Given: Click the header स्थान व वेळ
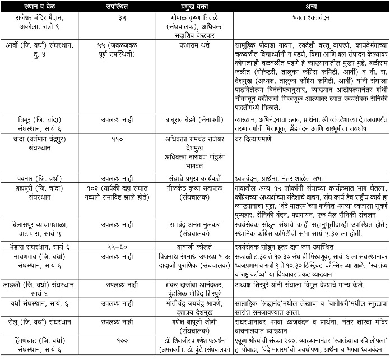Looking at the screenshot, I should click(x=38, y=6).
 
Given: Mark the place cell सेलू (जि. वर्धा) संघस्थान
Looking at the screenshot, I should click(x=38, y=323).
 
